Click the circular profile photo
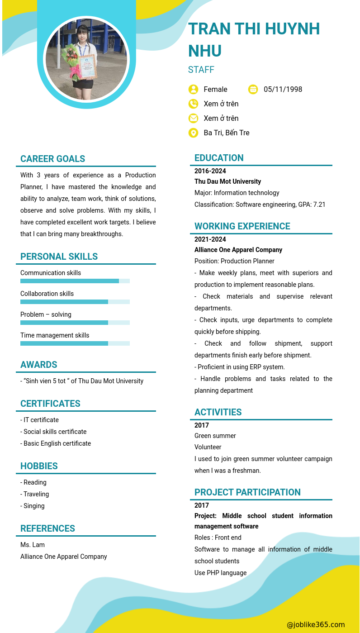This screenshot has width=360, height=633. [x=86, y=59]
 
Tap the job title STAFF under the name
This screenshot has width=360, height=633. [x=201, y=70]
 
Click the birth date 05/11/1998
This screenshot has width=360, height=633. [x=283, y=89]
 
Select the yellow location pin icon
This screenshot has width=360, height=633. [x=193, y=133]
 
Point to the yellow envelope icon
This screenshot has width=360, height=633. [x=193, y=118]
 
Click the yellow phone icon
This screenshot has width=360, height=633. [x=193, y=104]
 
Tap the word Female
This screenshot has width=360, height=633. [x=215, y=89]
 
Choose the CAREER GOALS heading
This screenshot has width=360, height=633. [x=53, y=159]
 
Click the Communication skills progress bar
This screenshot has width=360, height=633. [x=75, y=281]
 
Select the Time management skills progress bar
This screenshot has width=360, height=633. [x=75, y=343]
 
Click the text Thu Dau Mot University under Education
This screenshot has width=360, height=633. [x=227, y=181]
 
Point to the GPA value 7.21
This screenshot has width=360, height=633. [x=319, y=205]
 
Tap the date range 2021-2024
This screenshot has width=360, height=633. [x=210, y=239]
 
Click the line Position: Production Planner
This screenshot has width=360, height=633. [x=234, y=261]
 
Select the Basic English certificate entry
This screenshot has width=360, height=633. [x=56, y=443]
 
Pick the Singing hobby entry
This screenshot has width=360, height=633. [x=33, y=506]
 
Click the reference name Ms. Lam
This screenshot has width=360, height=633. [x=33, y=545]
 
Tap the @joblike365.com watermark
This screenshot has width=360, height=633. [x=316, y=624]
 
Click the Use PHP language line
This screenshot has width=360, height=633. [x=220, y=573]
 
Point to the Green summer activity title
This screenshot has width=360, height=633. [x=215, y=436]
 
